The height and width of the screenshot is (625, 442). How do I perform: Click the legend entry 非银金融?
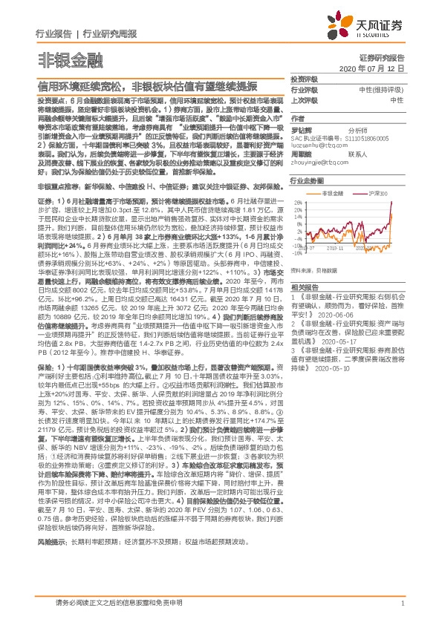tap(331, 193)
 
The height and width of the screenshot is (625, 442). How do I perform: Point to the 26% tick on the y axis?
tap(298, 203)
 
